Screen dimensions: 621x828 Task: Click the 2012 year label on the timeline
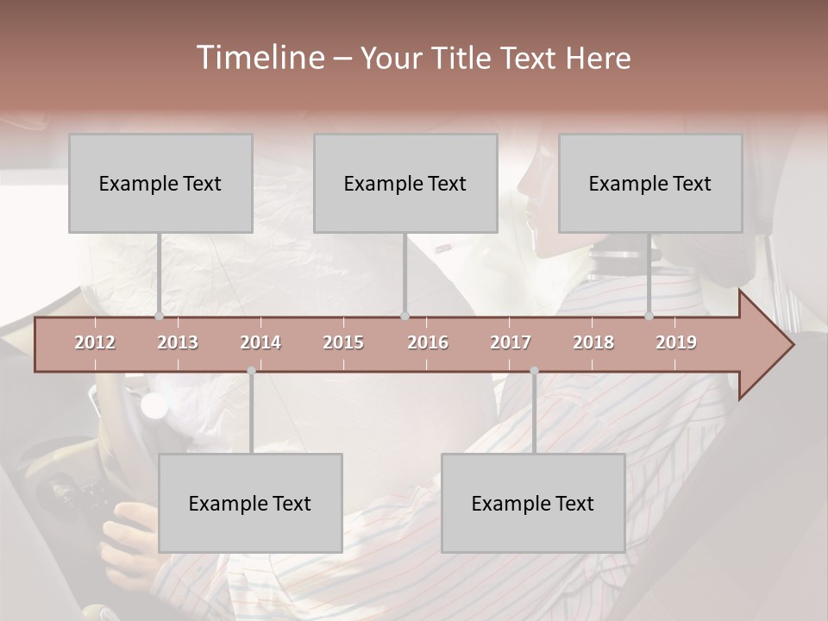point(95,342)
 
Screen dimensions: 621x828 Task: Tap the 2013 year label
point(178,342)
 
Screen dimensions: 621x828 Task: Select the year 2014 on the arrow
point(260,342)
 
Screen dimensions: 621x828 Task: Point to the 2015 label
point(343,342)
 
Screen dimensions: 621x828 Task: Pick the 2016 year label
point(428,342)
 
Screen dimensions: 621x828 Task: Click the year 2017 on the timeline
point(511,342)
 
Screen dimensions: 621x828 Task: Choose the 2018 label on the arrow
point(593,342)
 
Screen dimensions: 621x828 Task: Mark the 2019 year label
point(676,342)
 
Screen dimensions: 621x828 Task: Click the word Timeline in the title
point(258,58)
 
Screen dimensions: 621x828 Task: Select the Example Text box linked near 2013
point(160,183)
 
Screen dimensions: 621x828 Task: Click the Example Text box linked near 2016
point(405,183)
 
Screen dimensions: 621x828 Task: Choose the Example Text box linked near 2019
point(650,183)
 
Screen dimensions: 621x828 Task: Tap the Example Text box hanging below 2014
point(250,503)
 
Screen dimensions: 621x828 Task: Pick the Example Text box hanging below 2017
point(533,503)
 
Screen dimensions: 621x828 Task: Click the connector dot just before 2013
point(159,317)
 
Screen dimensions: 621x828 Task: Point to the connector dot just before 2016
point(405,317)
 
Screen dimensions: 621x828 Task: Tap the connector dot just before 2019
point(649,317)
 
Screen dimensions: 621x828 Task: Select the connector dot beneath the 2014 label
point(251,371)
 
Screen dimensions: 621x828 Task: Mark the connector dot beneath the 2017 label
point(534,371)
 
